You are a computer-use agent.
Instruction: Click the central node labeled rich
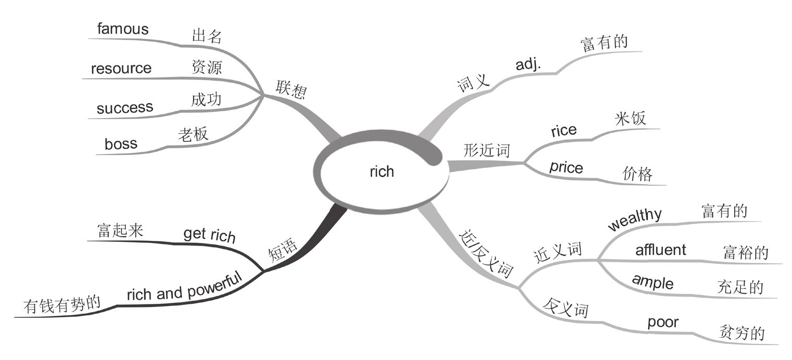coord(381,172)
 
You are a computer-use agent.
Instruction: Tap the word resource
coord(121,69)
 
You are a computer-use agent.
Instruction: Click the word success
coord(125,108)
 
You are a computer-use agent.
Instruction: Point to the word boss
coord(121,144)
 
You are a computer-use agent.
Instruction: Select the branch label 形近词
coord(487,150)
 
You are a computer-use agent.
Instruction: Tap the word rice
coord(564,130)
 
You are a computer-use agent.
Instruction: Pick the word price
coord(566,168)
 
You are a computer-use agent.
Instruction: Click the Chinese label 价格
coord(637,174)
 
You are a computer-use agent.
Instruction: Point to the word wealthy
coord(635,218)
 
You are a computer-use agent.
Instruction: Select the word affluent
coord(660,250)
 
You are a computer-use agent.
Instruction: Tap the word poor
coord(662,323)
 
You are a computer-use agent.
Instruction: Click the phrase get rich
coord(209,235)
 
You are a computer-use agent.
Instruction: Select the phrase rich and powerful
coord(185,286)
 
